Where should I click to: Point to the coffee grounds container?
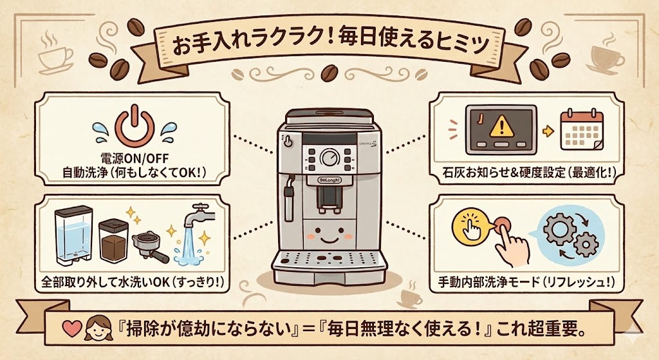tap(114, 242)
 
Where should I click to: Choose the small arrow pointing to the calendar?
tap(548, 131)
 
